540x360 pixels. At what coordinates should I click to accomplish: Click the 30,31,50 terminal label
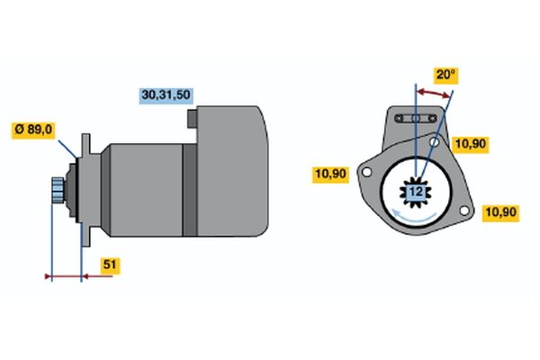pos(166,95)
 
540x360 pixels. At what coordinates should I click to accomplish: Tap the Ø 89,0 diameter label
pos(33,130)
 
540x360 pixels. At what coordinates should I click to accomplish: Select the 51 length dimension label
pos(110,265)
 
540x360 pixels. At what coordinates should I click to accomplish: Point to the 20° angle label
pos(445,75)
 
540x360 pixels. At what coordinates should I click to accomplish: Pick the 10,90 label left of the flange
pos(330,174)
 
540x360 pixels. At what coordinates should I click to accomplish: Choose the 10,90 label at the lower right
pos(500,212)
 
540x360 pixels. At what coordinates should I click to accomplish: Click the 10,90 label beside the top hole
pos(471,144)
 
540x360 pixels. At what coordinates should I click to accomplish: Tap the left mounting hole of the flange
pos(367,172)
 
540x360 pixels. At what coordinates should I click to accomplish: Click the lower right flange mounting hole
pos(464,210)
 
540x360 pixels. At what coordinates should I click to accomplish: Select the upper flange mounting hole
pos(435,142)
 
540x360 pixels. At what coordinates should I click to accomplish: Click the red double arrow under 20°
pos(434,93)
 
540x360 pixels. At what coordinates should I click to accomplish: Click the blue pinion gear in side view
pos(58,190)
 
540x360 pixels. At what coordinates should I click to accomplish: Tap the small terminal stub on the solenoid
pos(193,119)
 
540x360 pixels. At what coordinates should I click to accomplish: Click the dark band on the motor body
pos(189,190)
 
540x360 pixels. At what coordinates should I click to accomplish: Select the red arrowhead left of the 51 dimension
pos(49,276)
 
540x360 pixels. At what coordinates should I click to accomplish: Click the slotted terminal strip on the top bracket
pos(416,119)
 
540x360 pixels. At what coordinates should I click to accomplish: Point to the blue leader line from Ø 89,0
pos(67,148)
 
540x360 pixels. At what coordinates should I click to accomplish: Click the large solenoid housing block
pos(232,171)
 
